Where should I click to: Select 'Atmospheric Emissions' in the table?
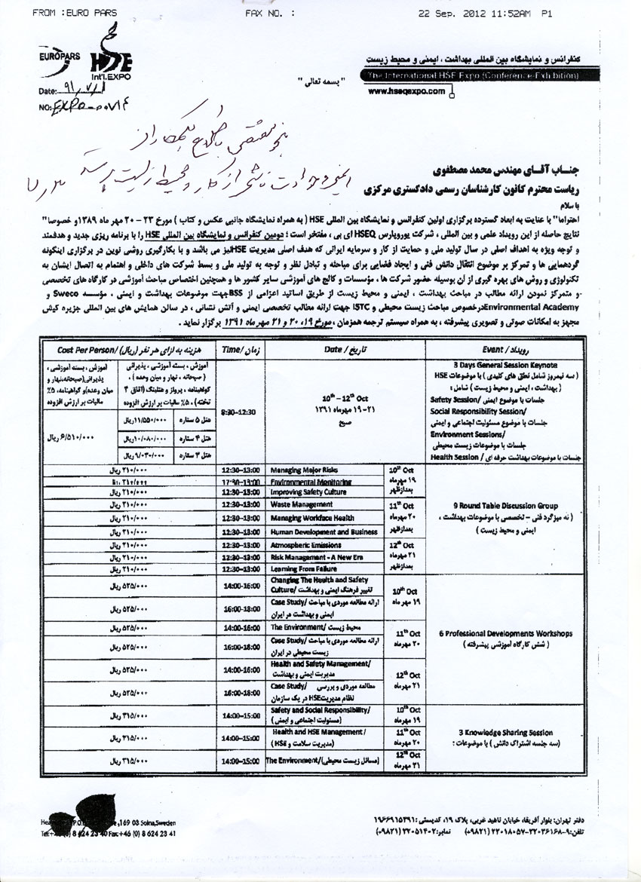coord(305,545)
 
